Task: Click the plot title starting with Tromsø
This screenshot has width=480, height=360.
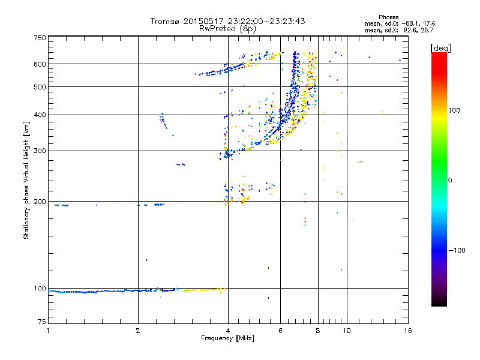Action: click(x=227, y=21)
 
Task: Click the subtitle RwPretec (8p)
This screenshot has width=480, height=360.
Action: click(x=227, y=28)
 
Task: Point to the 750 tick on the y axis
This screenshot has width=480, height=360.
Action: click(x=40, y=38)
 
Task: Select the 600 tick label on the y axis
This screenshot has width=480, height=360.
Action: click(x=40, y=64)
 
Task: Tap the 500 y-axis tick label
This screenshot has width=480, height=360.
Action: click(x=40, y=86)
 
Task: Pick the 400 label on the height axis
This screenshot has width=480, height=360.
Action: click(x=40, y=115)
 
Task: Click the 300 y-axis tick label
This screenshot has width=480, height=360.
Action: click(x=40, y=151)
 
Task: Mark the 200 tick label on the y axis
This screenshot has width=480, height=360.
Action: click(x=40, y=202)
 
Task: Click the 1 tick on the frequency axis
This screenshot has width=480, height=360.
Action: click(x=48, y=331)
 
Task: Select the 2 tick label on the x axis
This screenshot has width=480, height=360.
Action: click(x=138, y=331)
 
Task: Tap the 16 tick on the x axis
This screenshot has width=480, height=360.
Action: click(x=407, y=331)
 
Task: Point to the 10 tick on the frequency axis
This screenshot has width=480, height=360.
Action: click(x=346, y=331)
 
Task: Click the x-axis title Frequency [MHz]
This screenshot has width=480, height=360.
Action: click(x=227, y=339)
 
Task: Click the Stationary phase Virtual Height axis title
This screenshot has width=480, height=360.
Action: click(x=26, y=180)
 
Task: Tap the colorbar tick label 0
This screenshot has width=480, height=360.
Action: click(x=449, y=180)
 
